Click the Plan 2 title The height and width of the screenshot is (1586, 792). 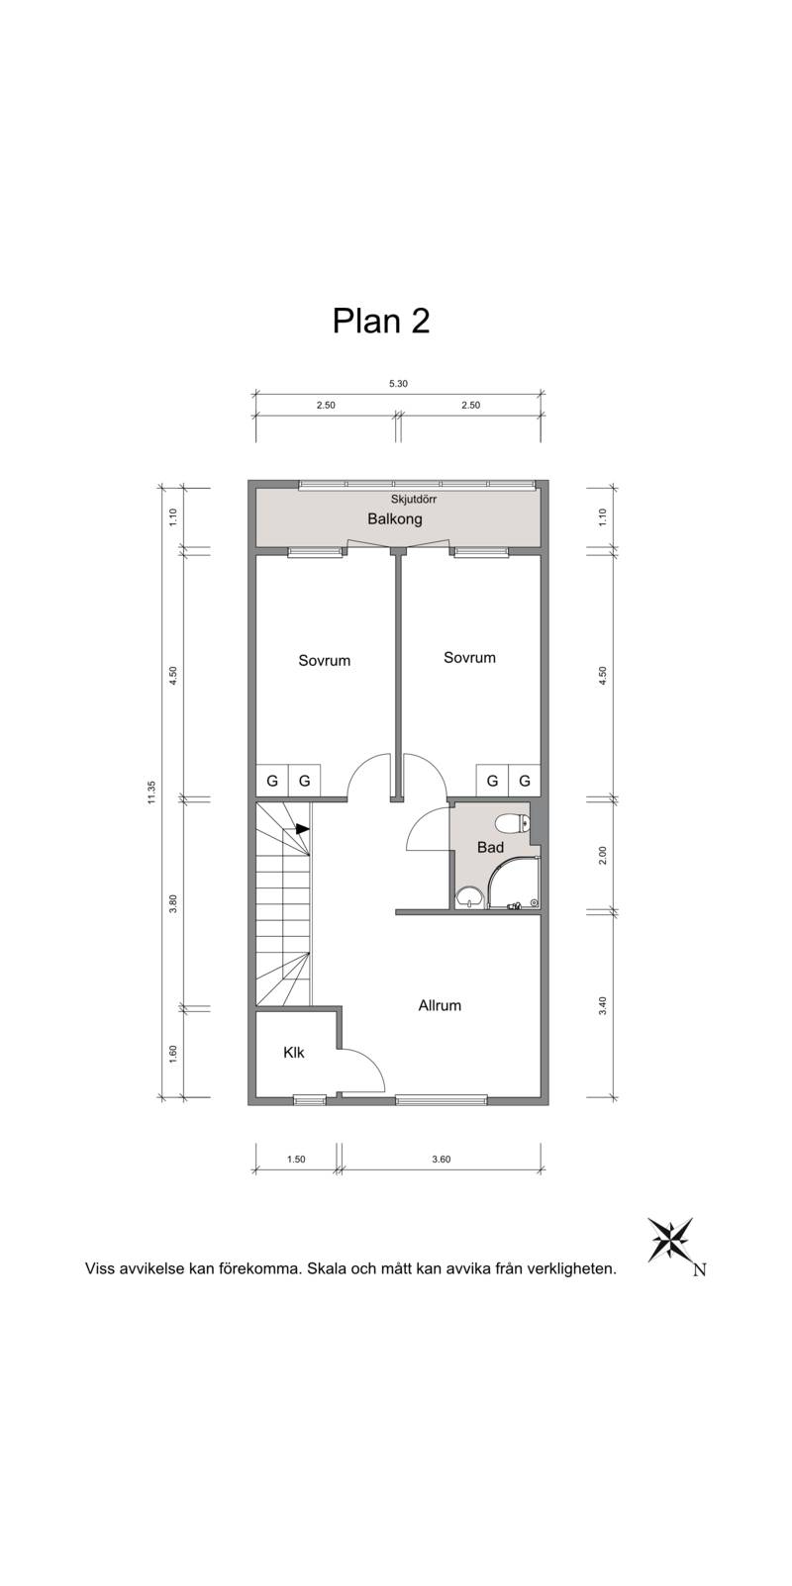click(381, 321)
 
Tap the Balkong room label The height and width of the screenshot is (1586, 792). click(395, 519)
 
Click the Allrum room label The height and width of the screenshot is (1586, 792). click(440, 1005)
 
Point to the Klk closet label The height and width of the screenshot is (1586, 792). click(293, 1053)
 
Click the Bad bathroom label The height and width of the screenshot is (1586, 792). click(490, 848)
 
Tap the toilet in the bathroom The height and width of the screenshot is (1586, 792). click(512, 823)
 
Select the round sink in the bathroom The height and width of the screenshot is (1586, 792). click(467, 897)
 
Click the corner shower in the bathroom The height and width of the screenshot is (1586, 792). click(515, 883)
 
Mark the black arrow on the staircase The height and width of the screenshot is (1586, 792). click(303, 828)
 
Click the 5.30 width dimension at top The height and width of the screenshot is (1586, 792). click(398, 384)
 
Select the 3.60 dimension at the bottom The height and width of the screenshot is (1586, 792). click(441, 1159)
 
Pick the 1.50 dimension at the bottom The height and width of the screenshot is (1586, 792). click(295, 1159)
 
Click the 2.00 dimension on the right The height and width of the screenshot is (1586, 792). click(603, 855)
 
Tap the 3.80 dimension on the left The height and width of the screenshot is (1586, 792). click(173, 904)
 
